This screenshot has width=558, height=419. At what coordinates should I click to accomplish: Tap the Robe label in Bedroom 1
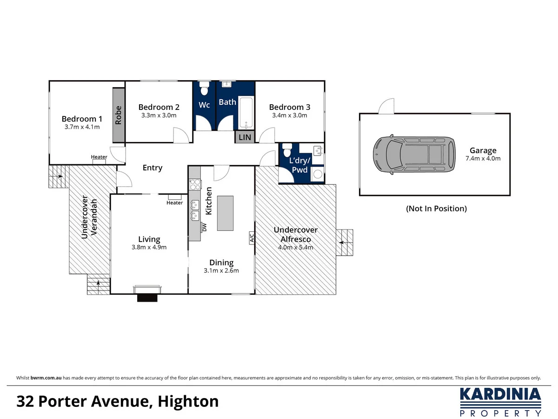click(119, 115)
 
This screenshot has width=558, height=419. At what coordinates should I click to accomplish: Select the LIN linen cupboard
click(245, 137)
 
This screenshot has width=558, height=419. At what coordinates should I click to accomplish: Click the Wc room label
click(205, 105)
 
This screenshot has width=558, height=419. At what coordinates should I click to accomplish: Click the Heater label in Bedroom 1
click(99, 157)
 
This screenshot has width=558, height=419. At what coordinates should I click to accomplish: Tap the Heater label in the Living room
click(175, 203)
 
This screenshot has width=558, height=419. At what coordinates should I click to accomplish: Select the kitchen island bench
click(225, 213)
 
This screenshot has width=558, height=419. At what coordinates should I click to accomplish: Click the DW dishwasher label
click(204, 227)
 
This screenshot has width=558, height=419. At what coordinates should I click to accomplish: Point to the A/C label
click(251, 237)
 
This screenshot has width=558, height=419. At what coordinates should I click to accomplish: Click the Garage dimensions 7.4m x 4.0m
click(483, 158)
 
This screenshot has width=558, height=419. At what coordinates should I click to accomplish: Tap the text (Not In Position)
click(436, 209)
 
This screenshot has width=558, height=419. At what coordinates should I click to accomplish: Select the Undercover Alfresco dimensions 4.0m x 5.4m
click(296, 247)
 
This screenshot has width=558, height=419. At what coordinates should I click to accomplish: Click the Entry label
click(153, 168)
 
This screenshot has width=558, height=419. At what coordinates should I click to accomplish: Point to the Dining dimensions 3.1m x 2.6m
click(221, 270)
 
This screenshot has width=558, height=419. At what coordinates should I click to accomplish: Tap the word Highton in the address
click(188, 401)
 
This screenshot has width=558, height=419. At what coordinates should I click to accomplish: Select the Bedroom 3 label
click(289, 108)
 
